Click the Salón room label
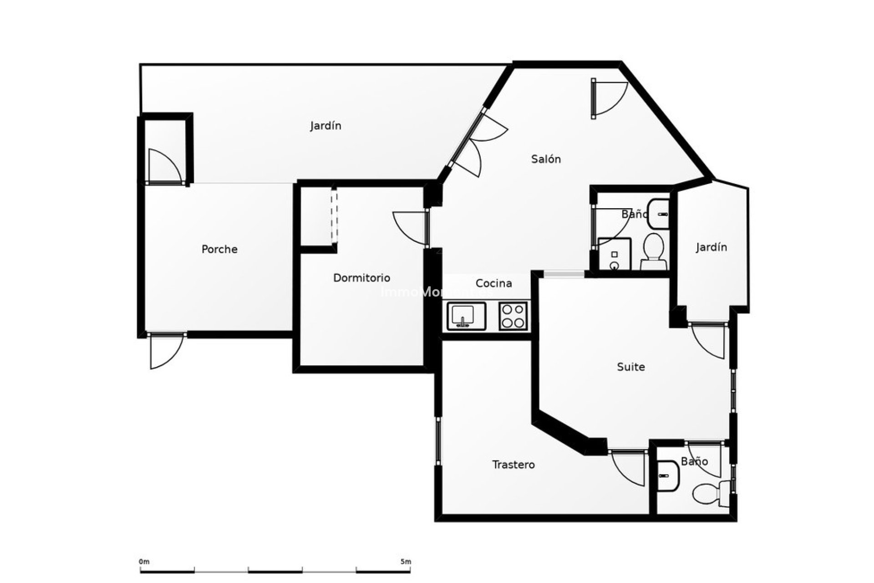tap(546, 159)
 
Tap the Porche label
tap(219, 249)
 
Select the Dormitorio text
tap(361, 278)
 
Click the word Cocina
tap(493, 283)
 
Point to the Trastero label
tap(513, 465)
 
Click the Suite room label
tap(630, 367)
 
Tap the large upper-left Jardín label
tap(325, 126)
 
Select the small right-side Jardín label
tap(711, 247)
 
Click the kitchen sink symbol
tap(466, 316)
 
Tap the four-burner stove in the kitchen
tap(513, 316)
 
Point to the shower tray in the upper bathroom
tap(614, 254)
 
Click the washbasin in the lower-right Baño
tap(668, 476)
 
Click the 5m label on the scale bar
tap(406, 562)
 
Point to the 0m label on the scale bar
tap(144, 562)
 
